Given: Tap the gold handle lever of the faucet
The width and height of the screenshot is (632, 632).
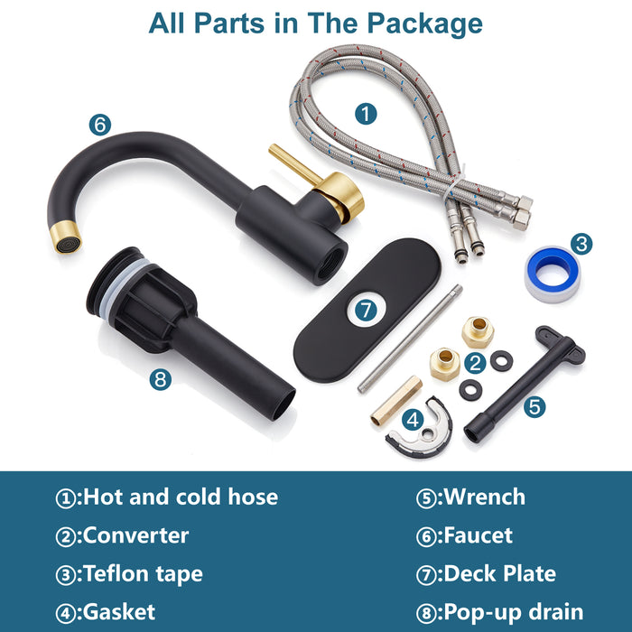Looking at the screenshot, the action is coord(294,164).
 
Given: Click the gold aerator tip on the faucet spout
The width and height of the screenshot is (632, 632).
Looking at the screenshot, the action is coord(66,237).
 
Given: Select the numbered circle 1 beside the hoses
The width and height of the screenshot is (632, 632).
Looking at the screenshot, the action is coord(366,114).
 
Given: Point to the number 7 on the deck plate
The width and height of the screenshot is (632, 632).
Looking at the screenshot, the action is coord(366,310).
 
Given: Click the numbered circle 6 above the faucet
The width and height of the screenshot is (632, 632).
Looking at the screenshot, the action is coord(100,125).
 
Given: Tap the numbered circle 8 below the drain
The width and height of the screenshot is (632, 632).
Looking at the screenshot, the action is coord(161,380).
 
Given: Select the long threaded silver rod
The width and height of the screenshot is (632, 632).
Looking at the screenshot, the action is coord(410,339).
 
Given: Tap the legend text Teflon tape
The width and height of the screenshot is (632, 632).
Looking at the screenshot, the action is coord(143,574).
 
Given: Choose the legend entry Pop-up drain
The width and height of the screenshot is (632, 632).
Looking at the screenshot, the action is coord(513,612).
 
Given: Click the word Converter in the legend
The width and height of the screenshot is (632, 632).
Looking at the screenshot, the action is coord(135,535).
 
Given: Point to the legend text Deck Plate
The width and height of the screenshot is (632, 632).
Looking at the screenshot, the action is coord(500,573).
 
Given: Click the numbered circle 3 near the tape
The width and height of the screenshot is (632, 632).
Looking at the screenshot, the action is coord(581,244).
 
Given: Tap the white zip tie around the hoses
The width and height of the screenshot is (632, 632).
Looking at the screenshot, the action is coord(453,185).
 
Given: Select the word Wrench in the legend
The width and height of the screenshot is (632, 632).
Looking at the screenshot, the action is coord(485,497).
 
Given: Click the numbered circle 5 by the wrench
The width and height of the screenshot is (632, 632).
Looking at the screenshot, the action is coord(534,406).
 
